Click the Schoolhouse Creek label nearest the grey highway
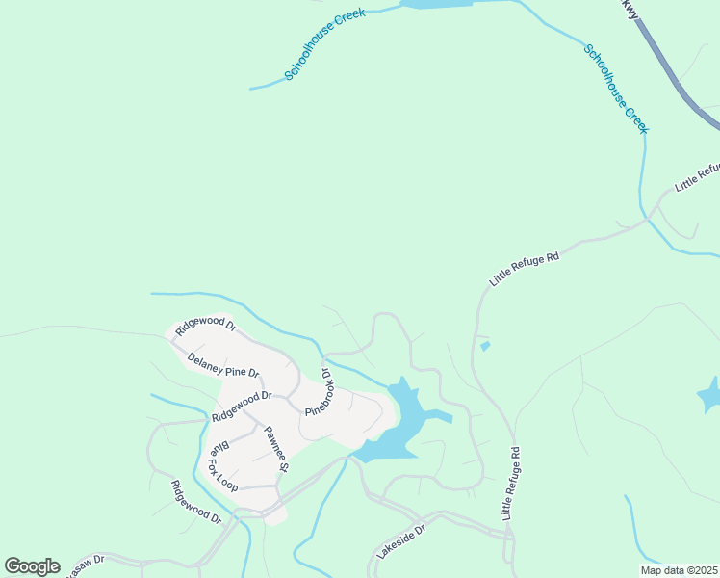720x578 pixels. [x=617, y=89]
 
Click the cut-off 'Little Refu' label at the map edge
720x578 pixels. [x=697, y=177]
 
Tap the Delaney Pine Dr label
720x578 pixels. [x=223, y=366]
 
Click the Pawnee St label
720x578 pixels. [x=277, y=450]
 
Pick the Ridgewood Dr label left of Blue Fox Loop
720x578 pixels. [x=195, y=503]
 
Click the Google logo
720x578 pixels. [x=33, y=566]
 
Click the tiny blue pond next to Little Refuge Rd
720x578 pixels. [x=484, y=346]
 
